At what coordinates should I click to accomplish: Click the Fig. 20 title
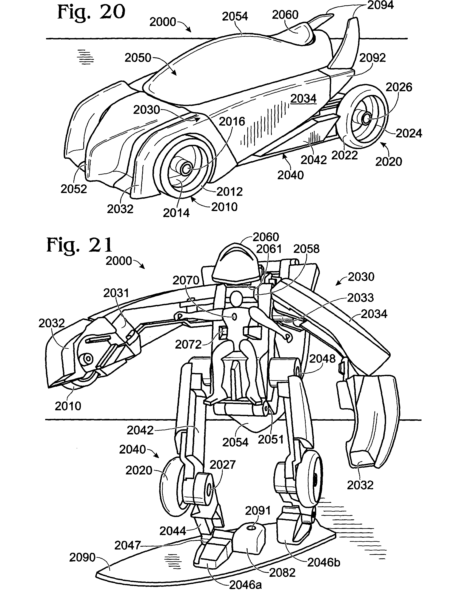pos(91,12)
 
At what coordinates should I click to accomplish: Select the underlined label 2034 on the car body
pos(303,98)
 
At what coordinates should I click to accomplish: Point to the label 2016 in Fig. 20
pos(232,121)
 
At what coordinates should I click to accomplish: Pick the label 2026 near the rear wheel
pos(399,87)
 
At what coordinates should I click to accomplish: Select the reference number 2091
pos(258,511)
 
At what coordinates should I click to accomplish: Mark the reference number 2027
pos(222,465)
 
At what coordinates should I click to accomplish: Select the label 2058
pos(306,249)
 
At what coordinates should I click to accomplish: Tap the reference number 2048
pos(322,359)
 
